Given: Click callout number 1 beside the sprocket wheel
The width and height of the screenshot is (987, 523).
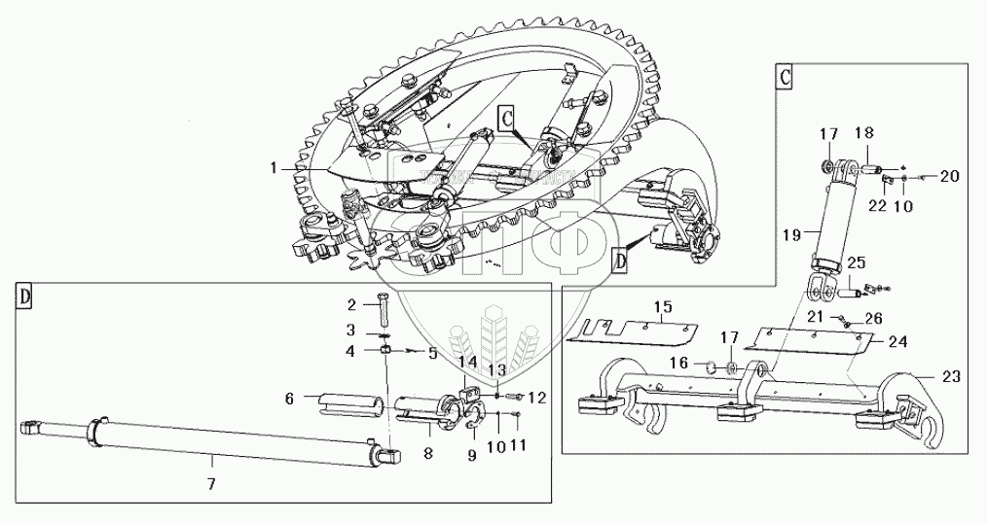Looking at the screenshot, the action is click(x=275, y=168).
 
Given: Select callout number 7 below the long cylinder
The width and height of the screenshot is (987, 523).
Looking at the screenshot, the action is click(x=213, y=481).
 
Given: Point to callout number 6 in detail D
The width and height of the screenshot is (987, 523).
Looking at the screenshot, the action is click(x=289, y=398).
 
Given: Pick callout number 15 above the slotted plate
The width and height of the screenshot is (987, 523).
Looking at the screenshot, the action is click(x=663, y=307).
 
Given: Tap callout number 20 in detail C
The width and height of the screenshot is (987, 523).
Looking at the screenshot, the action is click(x=948, y=176).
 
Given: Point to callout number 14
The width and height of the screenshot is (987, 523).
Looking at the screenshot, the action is click(x=470, y=363).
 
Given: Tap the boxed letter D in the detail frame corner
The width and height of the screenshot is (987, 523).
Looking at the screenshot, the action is click(x=24, y=297).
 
